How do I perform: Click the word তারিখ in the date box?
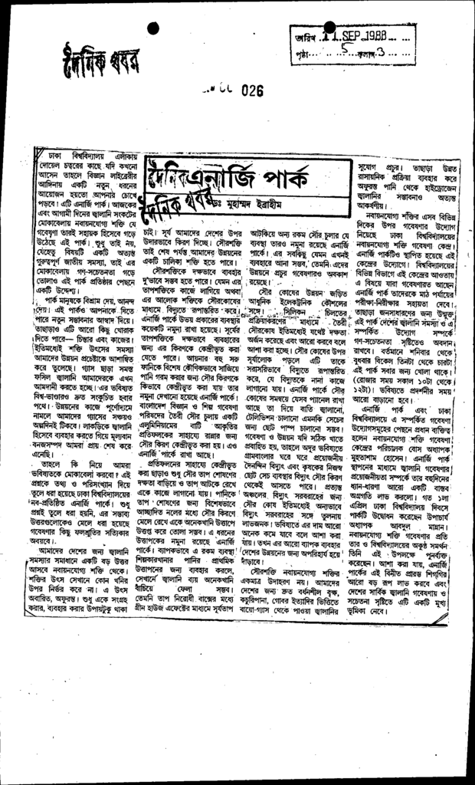click(x=303, y=36)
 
